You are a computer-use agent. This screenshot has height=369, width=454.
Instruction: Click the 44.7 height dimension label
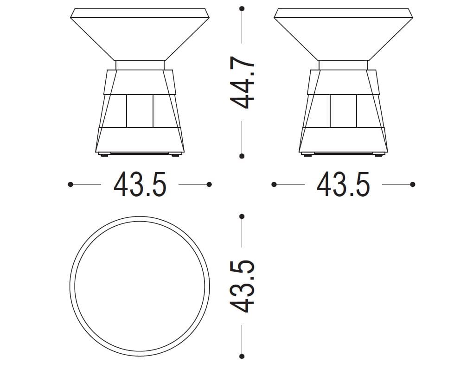coord(243,83)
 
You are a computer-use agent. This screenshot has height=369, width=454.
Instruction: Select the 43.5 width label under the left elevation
coord(140,184)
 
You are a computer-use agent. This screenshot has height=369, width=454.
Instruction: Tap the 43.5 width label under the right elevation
coord(343,184)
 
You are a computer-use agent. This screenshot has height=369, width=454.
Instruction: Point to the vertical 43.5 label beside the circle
coord(243,286)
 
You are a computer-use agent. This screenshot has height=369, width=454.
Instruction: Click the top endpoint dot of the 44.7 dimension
coord(242,8)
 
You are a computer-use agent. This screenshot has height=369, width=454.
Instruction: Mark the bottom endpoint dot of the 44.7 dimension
coord(242,156)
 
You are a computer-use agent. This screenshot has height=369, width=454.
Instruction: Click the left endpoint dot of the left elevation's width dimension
coord(70,184)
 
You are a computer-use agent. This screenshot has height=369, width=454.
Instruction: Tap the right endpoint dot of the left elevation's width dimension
coord(209,184)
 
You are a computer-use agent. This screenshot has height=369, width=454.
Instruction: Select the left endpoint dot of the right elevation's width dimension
coord(274,184)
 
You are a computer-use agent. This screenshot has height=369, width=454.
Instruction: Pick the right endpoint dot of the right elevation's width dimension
coord(413,184)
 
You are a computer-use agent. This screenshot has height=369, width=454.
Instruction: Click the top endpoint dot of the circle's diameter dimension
coord(242,216)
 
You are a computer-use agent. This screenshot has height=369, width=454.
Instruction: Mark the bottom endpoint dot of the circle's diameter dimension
coord(242,356)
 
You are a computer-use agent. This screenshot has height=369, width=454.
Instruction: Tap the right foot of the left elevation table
coord(175,155)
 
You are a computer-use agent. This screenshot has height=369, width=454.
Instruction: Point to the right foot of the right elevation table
coord(378,155)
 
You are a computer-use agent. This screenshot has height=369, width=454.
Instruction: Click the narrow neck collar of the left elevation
coord(140,65)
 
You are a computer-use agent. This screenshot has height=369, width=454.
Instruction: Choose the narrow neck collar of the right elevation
coord(343,65)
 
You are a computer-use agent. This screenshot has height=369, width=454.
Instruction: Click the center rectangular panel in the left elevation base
coord(140,111)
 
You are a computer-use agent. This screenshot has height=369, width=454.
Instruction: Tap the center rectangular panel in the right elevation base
coord(343,111)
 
